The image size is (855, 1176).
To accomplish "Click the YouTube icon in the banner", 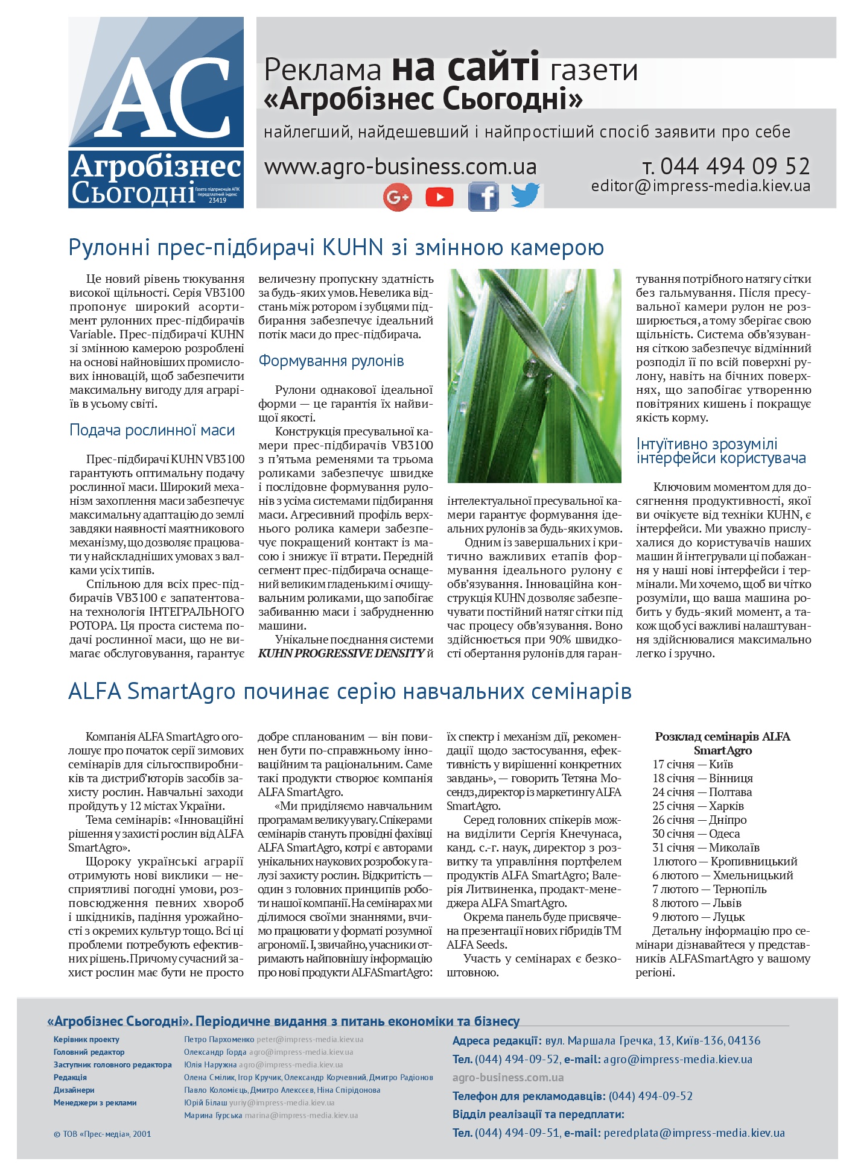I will pyautogui.click(x=439, y=197).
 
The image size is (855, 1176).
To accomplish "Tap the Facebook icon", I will pyautogui.click(x=483, y=197).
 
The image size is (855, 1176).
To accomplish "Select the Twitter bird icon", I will pyautogui.click(x=525, y=195).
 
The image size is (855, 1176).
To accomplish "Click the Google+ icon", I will pyautogui.click(x=397, y=197).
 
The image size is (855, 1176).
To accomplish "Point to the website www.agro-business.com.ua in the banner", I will pyautogui.click(x=400, y=166).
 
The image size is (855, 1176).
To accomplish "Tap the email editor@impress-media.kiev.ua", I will pyautogui.click(x=701, y=186).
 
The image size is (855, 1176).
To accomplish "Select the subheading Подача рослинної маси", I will pyautogui.click(x=152, y=430).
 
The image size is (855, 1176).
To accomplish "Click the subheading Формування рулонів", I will pyautogui.click(x=331, y=361).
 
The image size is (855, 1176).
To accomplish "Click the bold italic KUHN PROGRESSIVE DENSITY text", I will pyautogui.click(x=341, y=653).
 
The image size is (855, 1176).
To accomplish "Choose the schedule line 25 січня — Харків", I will pyautogui.click(x=698, y=806).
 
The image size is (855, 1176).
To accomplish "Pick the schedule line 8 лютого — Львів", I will pyautogui.click(x=696, y=903).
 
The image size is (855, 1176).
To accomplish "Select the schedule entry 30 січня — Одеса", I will pyautogui.click(x=696, y=833).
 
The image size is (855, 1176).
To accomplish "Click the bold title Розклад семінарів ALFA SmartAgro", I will pyautogui.click(x=722, y=743).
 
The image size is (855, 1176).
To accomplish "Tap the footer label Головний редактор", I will pyautogui.click(x=89, y=1052).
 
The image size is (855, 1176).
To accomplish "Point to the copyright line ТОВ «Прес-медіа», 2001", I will pyautogui.click(x=103, y=1134).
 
